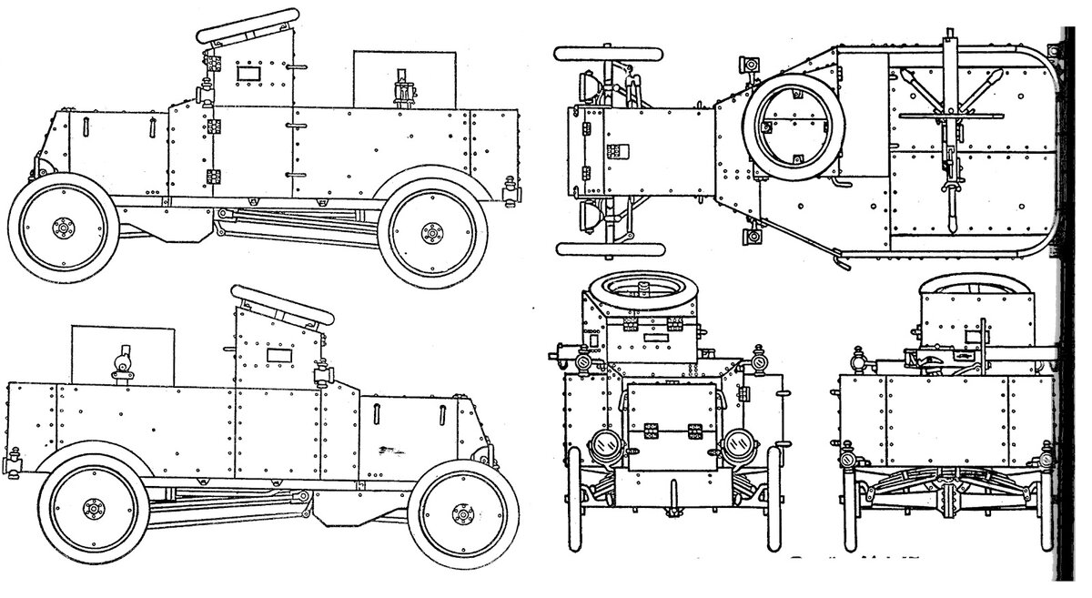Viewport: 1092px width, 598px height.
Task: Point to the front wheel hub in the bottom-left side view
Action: (x=460, y=516)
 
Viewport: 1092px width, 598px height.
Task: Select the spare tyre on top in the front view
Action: (x=644, y=291)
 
